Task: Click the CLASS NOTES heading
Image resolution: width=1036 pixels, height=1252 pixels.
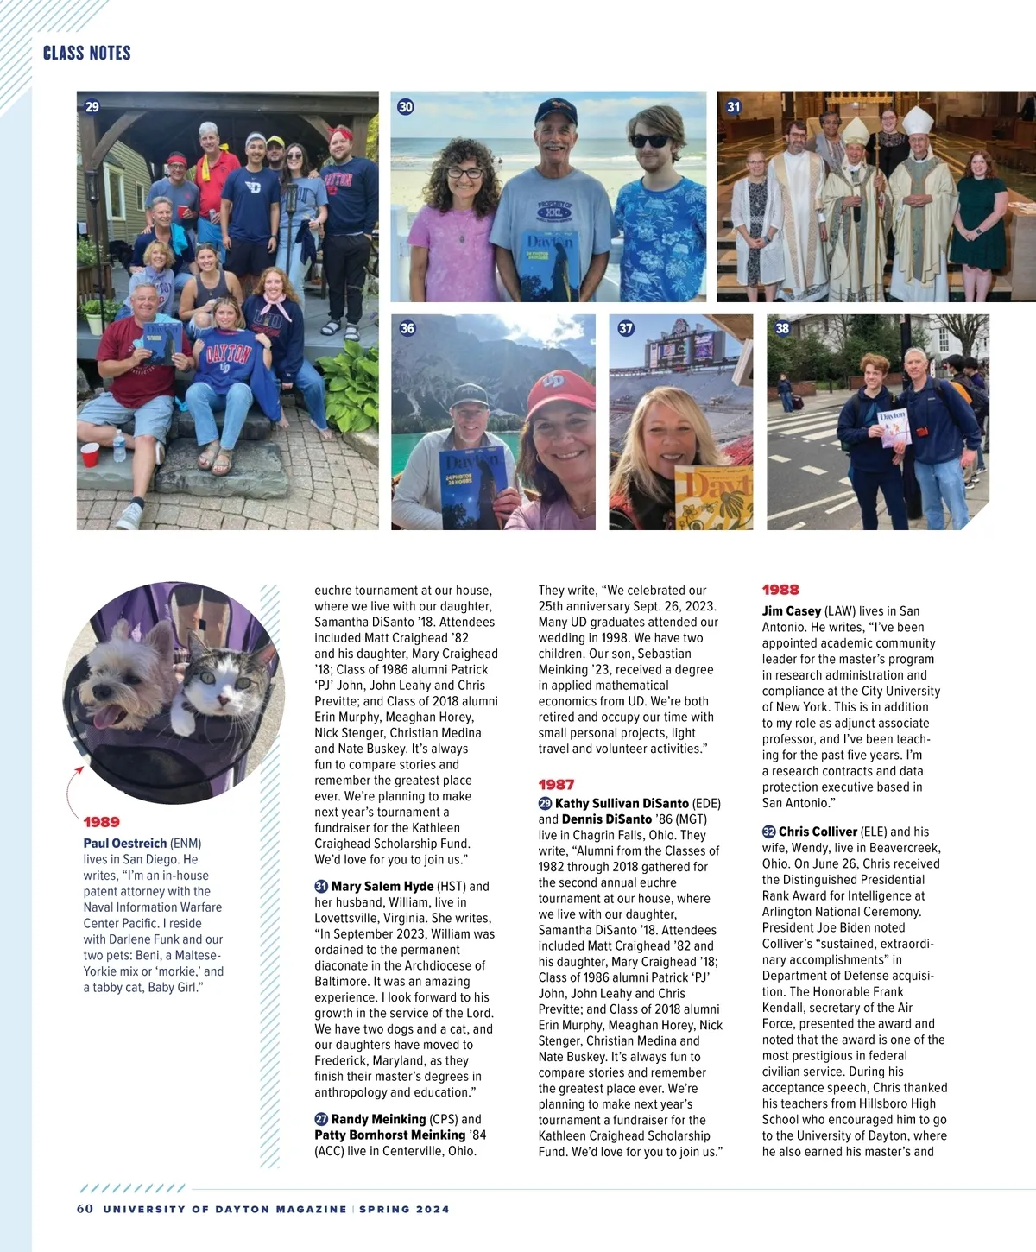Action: coord(86,53)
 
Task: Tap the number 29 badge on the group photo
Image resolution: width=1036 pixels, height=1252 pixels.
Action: coord(92,107)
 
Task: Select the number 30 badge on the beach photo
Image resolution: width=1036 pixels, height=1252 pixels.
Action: coord(406,107)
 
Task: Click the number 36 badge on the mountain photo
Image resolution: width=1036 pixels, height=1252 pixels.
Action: coord(407,328)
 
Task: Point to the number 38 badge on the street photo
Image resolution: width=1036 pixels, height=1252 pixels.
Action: coord(782,328)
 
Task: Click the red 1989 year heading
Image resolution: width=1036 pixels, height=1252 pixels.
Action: coord(102,822)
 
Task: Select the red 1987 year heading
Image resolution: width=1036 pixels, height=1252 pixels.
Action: coord(556,785)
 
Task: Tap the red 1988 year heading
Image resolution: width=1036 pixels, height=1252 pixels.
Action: coord(780,590)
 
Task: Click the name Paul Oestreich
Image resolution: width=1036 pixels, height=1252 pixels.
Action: coord(125,844)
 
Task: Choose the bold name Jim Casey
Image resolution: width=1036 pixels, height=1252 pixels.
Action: coord(791,611)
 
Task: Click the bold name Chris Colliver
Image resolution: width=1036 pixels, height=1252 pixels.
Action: coord(818,832)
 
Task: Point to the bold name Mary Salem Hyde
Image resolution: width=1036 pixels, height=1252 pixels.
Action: coord(382,887)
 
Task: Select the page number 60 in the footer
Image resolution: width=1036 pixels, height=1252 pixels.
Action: coord(85,1209)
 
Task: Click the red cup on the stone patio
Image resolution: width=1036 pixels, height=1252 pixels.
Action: coord(90,454)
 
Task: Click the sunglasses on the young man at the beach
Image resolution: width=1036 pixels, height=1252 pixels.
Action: coord(649,141)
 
